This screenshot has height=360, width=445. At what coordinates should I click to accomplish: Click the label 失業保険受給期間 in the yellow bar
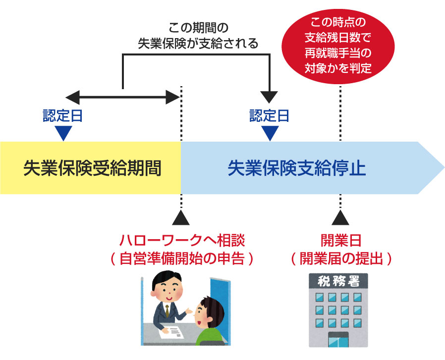[92, 168]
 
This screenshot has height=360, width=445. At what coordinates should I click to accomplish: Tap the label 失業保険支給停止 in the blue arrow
[296, 168]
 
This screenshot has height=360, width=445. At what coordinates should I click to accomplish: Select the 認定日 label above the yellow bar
[62, 116]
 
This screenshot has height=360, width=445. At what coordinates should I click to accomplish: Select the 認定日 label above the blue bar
[269, 116]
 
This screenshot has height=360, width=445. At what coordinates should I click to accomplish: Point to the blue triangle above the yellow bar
[63, 133]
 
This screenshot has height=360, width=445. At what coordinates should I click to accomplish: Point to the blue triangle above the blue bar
[270, 133]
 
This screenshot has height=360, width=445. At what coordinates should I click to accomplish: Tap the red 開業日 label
[340, 240]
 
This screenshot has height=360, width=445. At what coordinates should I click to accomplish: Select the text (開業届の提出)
[340, 258]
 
